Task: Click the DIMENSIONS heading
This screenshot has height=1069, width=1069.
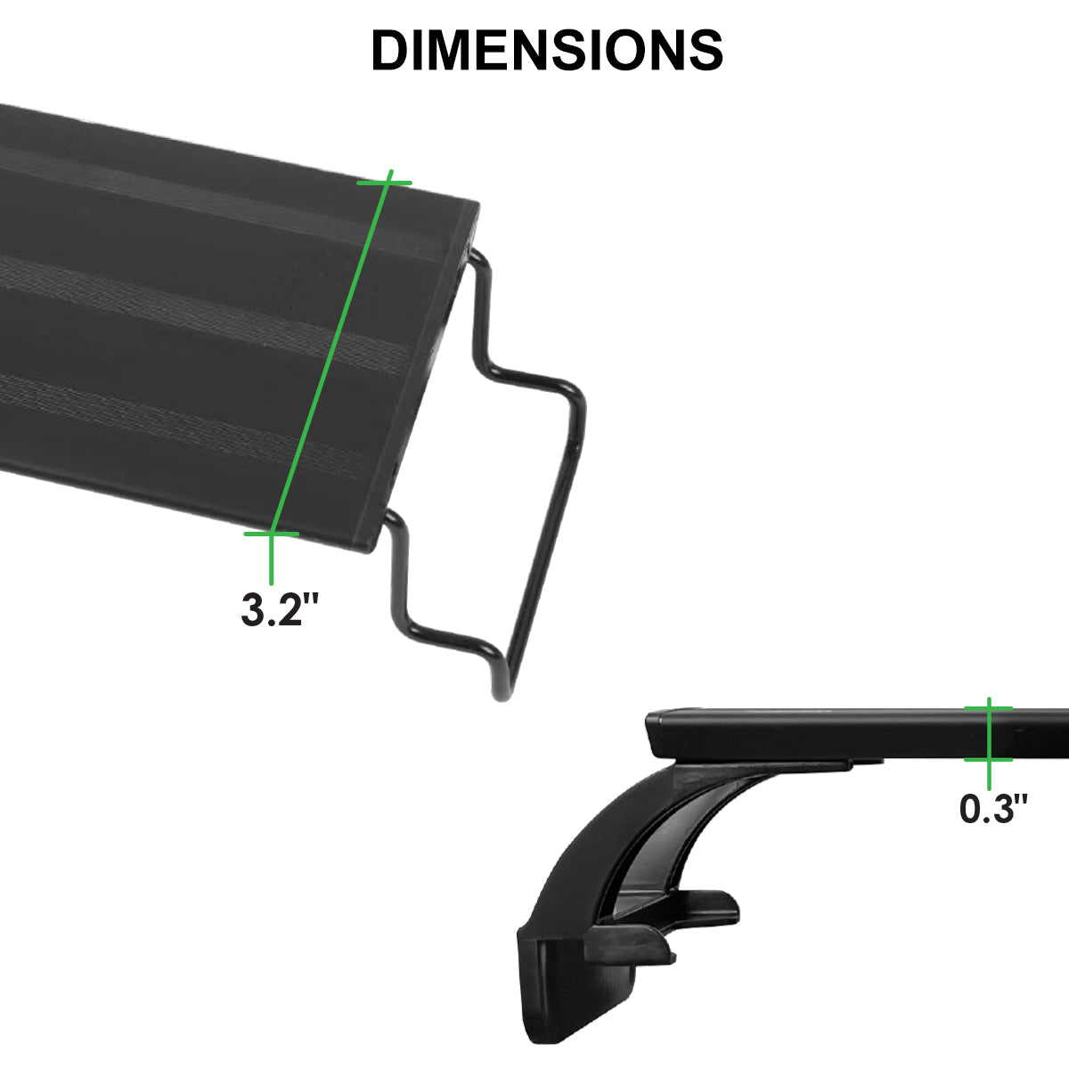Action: [546, 50]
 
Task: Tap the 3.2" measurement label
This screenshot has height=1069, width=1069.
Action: [280, 608]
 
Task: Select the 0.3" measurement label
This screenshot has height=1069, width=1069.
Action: [993, 809]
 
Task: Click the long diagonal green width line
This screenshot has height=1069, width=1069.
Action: [331, 352]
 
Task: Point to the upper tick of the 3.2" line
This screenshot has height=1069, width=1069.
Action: [384, 183]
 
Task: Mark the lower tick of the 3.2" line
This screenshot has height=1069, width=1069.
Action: [272, 534]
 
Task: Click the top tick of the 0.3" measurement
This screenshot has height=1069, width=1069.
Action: [989, 708]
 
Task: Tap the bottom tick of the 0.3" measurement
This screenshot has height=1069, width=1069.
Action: [989, 759]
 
